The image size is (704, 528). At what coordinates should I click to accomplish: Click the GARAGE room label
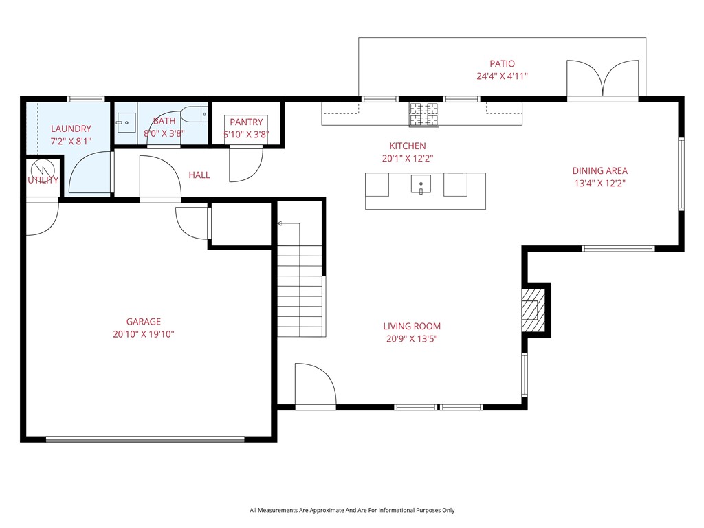143,321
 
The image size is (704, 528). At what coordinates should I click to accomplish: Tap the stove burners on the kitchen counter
424,115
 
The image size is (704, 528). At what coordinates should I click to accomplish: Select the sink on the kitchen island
421,185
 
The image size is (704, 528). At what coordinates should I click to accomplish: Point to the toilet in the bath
198,113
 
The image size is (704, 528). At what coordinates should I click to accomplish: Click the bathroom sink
126,122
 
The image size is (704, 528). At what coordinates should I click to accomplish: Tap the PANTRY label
246,122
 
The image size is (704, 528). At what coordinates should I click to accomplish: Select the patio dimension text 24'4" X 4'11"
502,76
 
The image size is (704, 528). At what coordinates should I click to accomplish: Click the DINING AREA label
600,170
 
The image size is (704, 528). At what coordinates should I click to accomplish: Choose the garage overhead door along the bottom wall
144,438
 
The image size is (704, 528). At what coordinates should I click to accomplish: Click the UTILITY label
43,180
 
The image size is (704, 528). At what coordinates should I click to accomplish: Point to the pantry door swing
246,163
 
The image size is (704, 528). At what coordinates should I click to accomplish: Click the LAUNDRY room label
71,129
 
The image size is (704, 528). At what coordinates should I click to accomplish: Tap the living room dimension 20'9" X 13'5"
412,338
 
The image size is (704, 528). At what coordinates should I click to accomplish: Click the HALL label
199,175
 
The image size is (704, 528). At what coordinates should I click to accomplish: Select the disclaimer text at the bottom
352,510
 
